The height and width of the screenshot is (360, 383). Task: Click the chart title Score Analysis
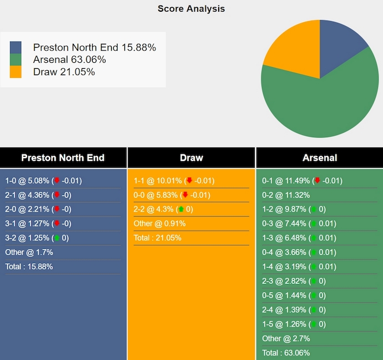pos(191,8)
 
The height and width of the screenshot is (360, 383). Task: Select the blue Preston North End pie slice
pos(340,47)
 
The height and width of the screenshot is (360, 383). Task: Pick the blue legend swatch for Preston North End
pos(16,47)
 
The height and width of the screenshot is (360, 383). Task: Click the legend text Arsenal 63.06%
pos(69,59)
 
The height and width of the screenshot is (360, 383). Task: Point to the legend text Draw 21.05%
pos(64,72)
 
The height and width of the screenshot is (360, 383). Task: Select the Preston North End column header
pos(63,158)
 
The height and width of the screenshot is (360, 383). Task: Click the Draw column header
pos(191,158)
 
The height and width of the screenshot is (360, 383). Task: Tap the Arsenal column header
pos(320,158)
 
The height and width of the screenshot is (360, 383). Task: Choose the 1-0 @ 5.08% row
pos(27,181)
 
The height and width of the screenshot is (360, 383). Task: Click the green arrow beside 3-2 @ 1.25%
pos(57,238)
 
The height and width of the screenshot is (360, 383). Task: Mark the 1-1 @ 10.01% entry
pos(158,181)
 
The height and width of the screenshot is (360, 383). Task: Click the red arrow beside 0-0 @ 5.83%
pos(185,195)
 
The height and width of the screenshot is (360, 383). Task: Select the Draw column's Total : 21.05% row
pos(157,238)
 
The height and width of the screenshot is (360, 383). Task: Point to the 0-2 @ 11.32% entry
pos(286,195)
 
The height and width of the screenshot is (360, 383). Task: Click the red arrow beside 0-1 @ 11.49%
pos(318,181)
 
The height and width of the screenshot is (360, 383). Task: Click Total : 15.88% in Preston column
pos(29,267)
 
